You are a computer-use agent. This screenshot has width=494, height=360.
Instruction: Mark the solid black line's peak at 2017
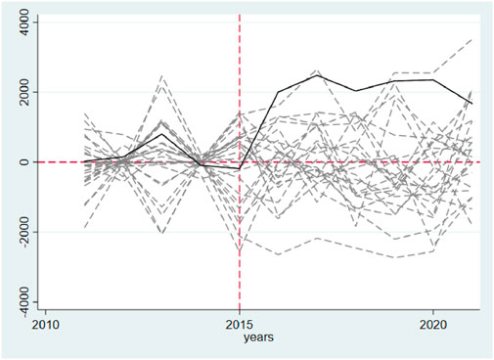pyautogui.click(x=317, y=75)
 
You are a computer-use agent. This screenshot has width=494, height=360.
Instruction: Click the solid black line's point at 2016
pyautogui.click(x=279, y=92)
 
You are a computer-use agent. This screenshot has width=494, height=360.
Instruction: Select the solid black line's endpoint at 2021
pyautogui.click(x=472, y=104)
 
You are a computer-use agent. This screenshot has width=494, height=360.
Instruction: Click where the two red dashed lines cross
pyautogui.click(x=240, y=162)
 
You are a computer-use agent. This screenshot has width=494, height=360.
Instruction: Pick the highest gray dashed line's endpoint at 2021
pyautogui.click(x=472, y=39)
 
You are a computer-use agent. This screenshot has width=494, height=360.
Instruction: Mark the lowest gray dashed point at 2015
pyautogui.click(x=240, y=253)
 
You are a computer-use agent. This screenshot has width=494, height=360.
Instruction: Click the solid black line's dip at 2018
pyautogui.click(x=356, y=91)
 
